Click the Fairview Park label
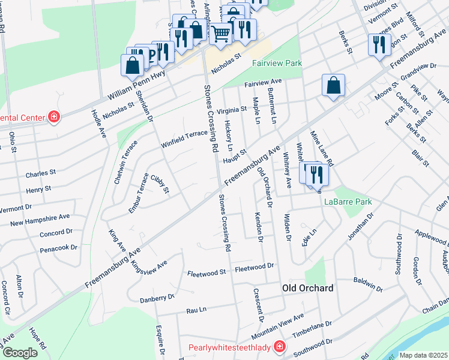click(x=277, y=63)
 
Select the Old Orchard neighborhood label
click(x=308, y=289)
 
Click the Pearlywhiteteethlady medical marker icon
click(x=279, y=346)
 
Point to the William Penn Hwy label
click(x=136, y=85)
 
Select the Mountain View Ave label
click(x=278, y=324)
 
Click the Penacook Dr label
click(x=59, y=247)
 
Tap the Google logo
click(x=19, y=353)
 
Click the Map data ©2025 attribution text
click(x=424, y=355)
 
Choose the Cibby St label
click(x=160, y=184)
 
